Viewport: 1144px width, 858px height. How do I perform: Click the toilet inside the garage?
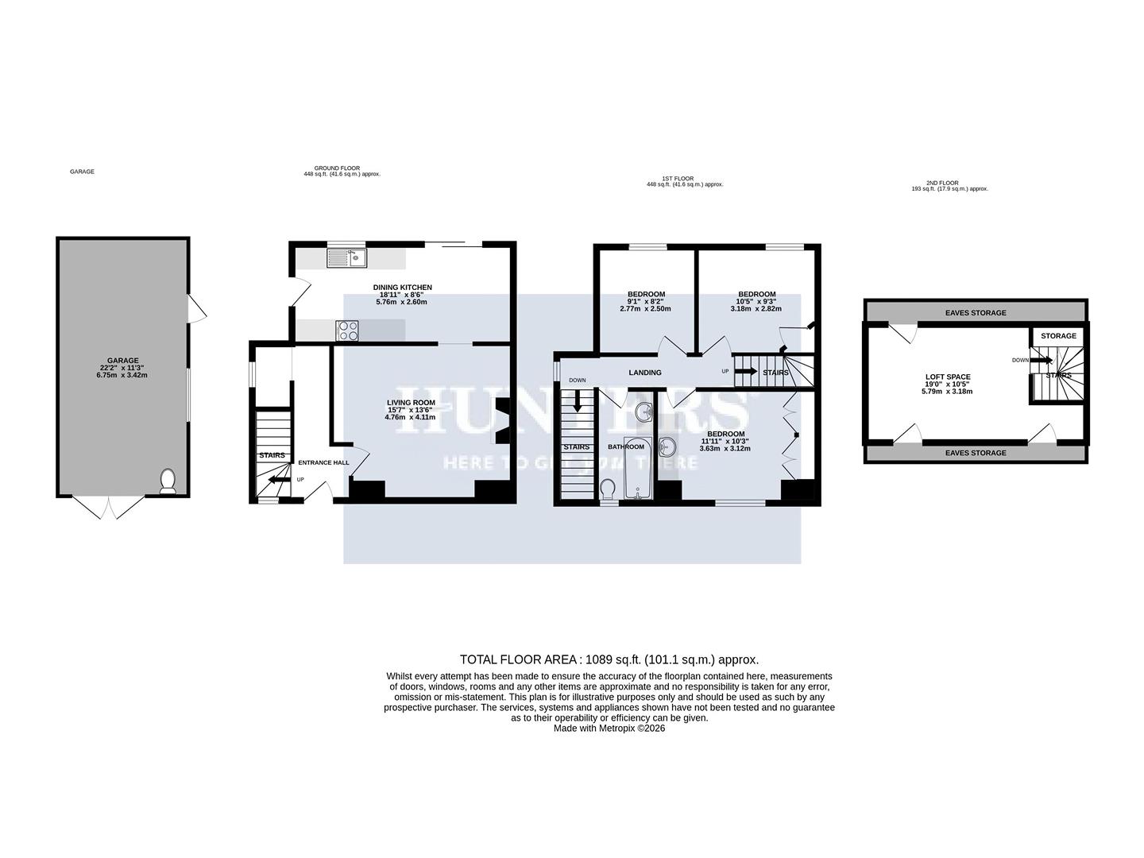[x=168, y=481]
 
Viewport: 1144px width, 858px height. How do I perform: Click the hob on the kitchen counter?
[x=347, y=329]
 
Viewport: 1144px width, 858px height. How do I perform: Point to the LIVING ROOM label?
[x=411, y=410]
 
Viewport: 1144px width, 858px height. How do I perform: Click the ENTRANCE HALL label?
[x=323, y=462]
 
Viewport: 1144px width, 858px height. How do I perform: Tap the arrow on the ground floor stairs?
[x=278, y=479]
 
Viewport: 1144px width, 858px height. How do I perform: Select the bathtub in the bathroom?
[x=638, y=468]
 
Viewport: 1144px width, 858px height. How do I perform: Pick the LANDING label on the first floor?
[x=644, y=373]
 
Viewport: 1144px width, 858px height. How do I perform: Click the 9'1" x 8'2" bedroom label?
[x=646, y=301]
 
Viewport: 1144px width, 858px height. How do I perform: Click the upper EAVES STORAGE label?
[x=975, y=313]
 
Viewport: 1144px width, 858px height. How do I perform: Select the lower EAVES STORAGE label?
[x=975, y=453]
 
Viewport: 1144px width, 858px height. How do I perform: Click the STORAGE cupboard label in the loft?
[x=1058, y=336]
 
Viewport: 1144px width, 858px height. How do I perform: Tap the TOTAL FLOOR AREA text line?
[x=609, y=659]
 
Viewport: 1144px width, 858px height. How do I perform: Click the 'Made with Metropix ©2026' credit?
[x=609, y=728]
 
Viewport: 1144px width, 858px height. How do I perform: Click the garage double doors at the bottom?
[x=111, y=508]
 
